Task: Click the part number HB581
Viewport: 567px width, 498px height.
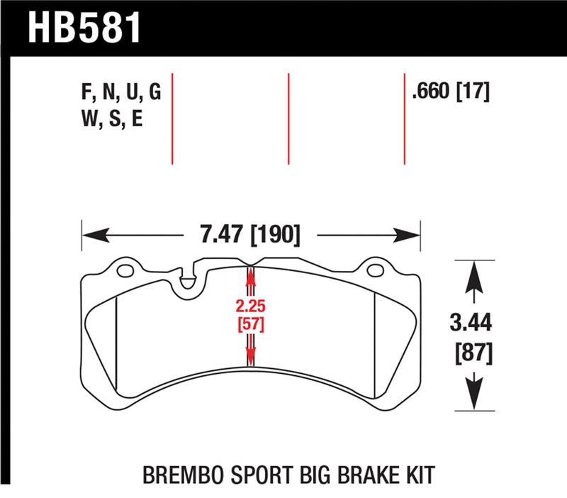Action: [84, 27]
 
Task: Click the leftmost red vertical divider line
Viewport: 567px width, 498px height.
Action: [172, 118]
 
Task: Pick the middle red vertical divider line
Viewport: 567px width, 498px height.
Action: [288, 118]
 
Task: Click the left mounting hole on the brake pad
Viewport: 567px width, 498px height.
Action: [125, 270]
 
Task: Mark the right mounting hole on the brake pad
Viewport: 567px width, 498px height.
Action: [375, 270]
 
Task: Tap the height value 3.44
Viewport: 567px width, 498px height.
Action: [471, 323]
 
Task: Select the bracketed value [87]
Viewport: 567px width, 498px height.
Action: [471, 352]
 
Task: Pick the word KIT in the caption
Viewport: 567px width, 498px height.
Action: [416, 473]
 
